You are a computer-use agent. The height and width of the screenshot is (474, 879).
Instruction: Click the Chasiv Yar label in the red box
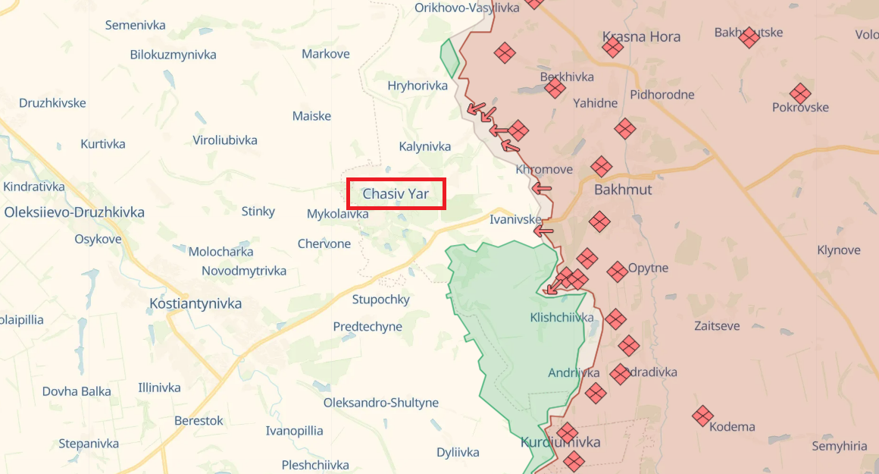pos(396,193)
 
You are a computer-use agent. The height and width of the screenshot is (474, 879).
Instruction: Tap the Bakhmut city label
pos(623,189)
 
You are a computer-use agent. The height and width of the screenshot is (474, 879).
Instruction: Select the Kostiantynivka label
pos(196,303)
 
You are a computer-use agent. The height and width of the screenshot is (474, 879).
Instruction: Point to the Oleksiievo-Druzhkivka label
pos(74,212)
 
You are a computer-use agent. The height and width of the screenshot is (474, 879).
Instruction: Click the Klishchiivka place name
pos(561,318)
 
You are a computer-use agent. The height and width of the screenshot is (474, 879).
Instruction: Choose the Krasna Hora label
pos(641,36)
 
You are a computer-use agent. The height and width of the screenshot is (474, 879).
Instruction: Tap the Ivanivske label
pos(515,220)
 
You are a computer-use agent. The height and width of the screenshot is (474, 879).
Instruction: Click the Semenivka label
pos(135,25)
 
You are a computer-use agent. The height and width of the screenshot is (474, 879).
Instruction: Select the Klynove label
pos(839,250)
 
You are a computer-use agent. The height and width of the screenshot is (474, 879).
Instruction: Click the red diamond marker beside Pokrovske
pos(800,94)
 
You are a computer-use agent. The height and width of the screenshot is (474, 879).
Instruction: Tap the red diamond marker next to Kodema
pos(702,415)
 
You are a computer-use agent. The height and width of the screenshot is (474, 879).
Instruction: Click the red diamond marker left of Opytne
pos(617,271)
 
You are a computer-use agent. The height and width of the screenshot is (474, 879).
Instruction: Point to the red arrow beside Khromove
pos(542,188)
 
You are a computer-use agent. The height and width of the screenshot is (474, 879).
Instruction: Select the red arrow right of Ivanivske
pos(543,230)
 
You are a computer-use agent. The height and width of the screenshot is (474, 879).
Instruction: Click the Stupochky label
pos(380,300)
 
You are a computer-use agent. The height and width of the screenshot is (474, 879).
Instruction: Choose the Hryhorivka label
pos(418,86)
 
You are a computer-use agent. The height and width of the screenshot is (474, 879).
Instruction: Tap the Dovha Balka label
pos(77,391)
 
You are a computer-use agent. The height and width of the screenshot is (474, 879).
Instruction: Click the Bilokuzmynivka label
pos(173,55)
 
